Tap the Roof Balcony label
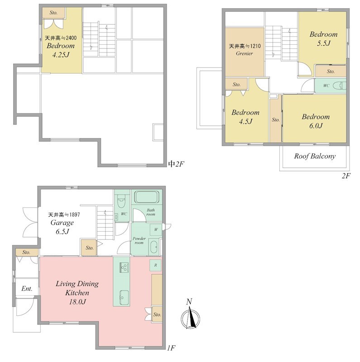[314, 156]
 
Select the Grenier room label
[245, 53]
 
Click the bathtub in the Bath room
[147, 197]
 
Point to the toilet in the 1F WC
[121, 201]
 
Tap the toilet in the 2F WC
[340, 86]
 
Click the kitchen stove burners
[124, 268]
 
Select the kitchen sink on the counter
[125, 297]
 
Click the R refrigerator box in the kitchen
[155, 265]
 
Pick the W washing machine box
[156, 229]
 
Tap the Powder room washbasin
[154, 247]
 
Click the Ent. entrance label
[27, 289]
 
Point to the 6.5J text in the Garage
[62, 232]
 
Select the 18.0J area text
[77, 302]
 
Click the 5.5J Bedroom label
[323, 38]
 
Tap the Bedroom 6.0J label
[316, 121]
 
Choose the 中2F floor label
[176, 164]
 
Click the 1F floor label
[171, 348]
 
